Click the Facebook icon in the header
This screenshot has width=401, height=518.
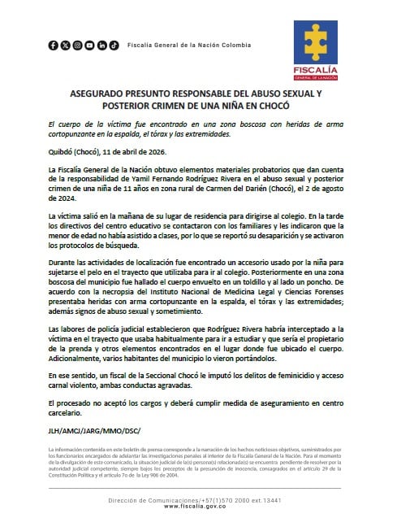pos(54,46)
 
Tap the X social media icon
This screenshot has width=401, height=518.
pos(66,46)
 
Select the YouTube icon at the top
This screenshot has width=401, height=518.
pos(90,46)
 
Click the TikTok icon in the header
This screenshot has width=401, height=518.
pos(114,46)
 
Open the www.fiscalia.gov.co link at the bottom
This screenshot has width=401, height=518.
pos(200,506)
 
